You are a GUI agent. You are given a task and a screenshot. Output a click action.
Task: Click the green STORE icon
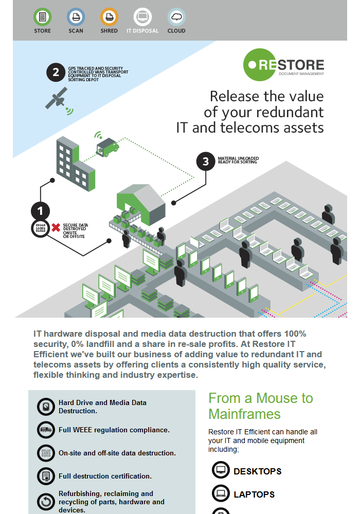click(x=42, y=17)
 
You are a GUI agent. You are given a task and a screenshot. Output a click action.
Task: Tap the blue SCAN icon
click(x=76, y=17)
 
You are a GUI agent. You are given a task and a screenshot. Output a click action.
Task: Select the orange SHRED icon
click(x=109, y=17)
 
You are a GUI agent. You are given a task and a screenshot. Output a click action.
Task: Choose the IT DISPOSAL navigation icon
click(x=142, y=17)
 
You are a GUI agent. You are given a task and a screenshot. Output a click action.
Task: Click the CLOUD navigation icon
click(x=176, y=17)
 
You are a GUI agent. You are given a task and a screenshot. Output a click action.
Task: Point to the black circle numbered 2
click(x=56, y=72)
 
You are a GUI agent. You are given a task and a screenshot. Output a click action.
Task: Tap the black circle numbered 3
click(x=206, y=161)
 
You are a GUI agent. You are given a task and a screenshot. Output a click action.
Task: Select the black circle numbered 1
click(x=40, y=210)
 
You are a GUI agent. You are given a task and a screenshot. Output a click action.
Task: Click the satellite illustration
click(x=57, y=98)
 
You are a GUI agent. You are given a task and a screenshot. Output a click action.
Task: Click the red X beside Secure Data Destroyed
click(x=56, y=227)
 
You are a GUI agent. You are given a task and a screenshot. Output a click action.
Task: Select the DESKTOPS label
click(x=258, y=471)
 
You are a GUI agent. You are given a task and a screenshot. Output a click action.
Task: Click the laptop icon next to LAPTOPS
click(x=221, y=494)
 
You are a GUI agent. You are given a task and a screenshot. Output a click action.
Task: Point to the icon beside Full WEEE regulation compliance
click(x=46, y=430)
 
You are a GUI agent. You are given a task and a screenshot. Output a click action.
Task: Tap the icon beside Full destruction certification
click(x=46, y=476)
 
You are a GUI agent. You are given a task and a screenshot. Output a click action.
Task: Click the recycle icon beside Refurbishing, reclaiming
click(x=46, y=502)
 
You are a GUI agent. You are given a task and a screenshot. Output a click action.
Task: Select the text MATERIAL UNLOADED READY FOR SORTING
click(x=238, y=160)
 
